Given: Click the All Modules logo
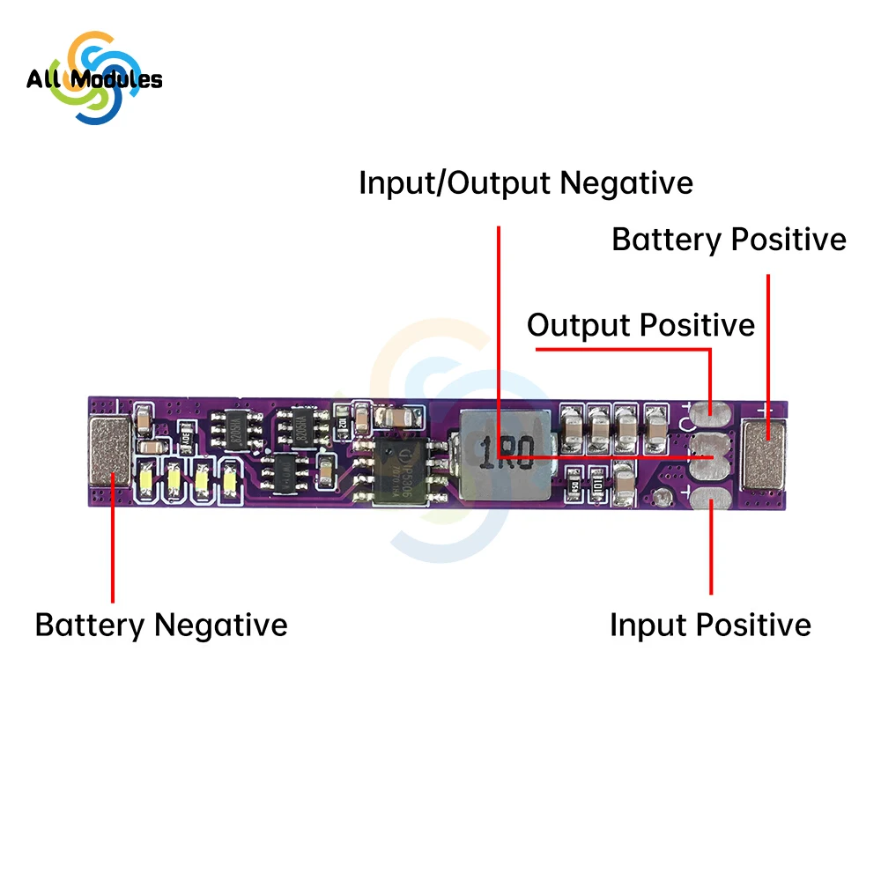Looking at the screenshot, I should (x=94, y=78).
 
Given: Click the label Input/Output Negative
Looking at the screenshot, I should (x=526, y=184).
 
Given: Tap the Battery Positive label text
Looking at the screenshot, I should (x=729, y=240).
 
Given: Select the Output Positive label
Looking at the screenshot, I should (x=640, y=325).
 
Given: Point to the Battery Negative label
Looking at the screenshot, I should (x=161, y=626).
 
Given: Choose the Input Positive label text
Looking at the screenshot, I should (x=710, y=626).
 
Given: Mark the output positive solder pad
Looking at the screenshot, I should (x=709, y=411).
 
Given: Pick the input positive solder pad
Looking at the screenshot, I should (x=709, y=500).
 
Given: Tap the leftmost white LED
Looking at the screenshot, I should (x=145, y=480).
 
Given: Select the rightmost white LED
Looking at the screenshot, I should (x=230, y=480).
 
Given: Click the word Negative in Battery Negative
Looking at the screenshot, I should (x=221, y=626).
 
